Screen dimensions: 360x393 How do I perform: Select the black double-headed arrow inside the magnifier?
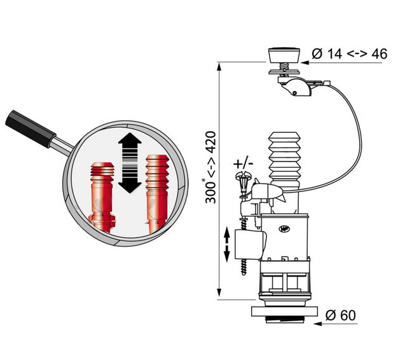coord(129,163)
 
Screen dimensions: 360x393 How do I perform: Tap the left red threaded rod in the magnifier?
coord(102,193)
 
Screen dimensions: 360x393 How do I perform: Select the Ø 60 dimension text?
coord(340,315)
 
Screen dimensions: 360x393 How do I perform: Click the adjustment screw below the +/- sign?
coord(242,184)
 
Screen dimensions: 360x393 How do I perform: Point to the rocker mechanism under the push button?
coord(296,85)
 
